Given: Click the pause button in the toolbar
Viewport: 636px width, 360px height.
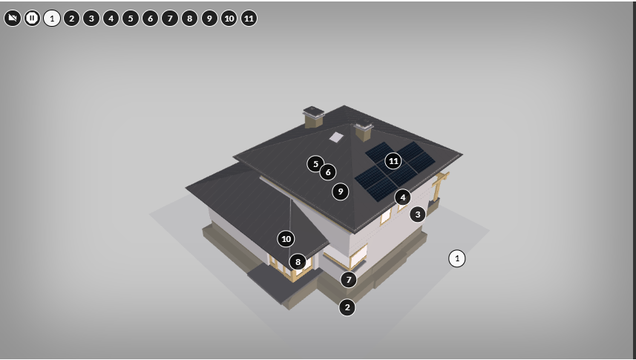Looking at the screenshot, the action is pos(32,19).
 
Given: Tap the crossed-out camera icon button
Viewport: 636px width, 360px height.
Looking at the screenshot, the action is pos(13,19).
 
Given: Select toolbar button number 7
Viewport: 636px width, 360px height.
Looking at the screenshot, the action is pos(170,19).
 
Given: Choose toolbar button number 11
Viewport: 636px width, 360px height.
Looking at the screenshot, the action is pos(249,19).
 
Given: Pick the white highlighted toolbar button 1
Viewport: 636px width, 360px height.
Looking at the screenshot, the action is pos(52,19).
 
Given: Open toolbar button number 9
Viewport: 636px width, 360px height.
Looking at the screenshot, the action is pos(209,19).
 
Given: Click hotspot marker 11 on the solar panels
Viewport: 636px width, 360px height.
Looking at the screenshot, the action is pos(393,161).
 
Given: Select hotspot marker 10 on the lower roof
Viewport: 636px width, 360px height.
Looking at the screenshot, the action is pos(286,239).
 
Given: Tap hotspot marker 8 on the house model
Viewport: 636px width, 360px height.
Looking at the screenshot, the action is pos(298,262).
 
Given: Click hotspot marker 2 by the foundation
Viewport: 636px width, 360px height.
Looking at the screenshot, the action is pos(347,307).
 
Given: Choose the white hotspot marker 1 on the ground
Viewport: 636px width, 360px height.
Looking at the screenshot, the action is pos(457,258).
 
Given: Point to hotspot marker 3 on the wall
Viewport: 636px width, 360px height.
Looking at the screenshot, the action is pos(418,215).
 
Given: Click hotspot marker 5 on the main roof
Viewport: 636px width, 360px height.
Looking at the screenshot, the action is pos(315,164).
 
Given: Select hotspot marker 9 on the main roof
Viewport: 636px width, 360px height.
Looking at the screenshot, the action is pos(341,192).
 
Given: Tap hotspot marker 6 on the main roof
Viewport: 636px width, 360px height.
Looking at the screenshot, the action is pos(328,172).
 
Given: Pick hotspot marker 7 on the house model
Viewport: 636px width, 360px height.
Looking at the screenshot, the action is pos(349,280).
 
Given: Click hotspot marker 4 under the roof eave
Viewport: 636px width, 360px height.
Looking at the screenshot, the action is pos(403,197).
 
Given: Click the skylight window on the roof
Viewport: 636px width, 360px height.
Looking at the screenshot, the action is pos(336,137).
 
